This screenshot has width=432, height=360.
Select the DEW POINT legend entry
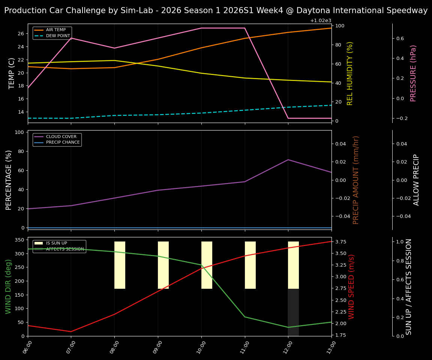coord(58,36)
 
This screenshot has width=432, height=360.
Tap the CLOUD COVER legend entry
coord(61,137)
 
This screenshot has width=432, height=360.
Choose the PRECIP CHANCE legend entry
coord(63,142)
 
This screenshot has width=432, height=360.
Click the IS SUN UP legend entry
coord(56,243)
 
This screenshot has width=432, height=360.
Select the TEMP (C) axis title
coord(12,73)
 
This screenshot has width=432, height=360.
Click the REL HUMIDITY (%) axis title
coord(350,73)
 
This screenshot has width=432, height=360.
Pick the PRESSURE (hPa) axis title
coord(413,73)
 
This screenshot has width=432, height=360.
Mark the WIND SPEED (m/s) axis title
coord(351,286)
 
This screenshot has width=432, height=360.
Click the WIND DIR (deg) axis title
coord(8,286)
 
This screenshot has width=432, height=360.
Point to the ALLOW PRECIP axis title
coord(416,180)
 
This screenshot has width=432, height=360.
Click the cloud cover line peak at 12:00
coord(288,160)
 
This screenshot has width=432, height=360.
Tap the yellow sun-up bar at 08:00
coord(120,265)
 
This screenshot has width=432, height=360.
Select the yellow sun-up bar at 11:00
coord(250,265)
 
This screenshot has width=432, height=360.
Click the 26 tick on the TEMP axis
coord(21,34)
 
